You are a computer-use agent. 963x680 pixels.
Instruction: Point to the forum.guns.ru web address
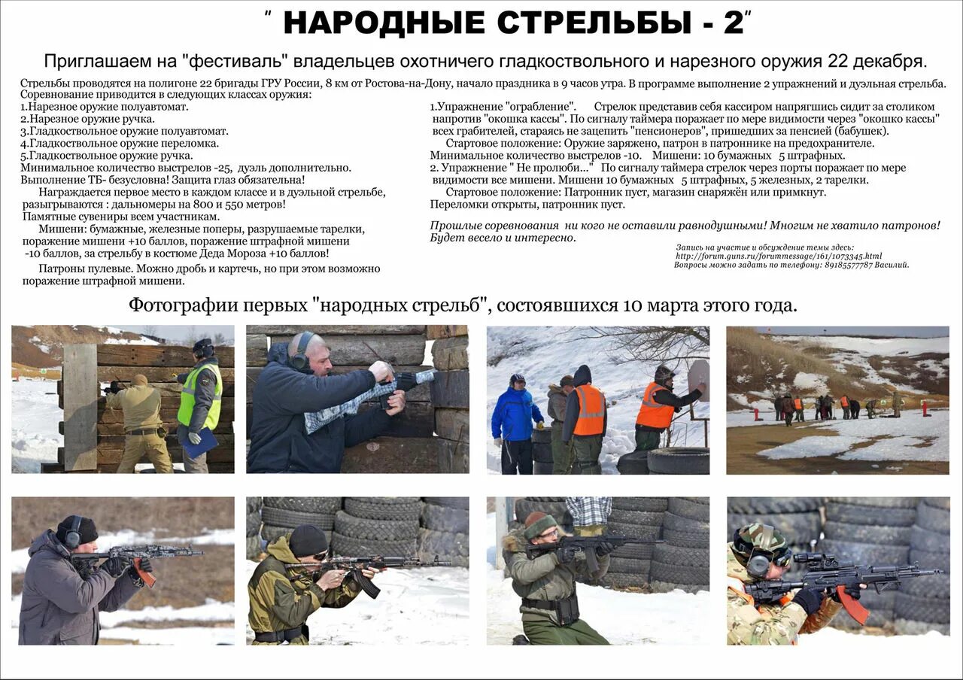point(779,256)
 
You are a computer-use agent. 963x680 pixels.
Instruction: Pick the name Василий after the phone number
point(892,265)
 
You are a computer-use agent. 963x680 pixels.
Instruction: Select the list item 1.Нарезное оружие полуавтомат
point(105,107)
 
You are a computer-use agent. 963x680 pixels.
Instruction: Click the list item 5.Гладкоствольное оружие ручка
point(107,156)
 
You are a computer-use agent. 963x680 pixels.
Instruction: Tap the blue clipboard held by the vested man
point(200,443)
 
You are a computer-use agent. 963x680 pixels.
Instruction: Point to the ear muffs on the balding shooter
point(302,352)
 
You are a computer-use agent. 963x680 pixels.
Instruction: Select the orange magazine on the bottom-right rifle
point(852,603)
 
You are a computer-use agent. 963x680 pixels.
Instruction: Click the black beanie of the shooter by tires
point(308,539)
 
